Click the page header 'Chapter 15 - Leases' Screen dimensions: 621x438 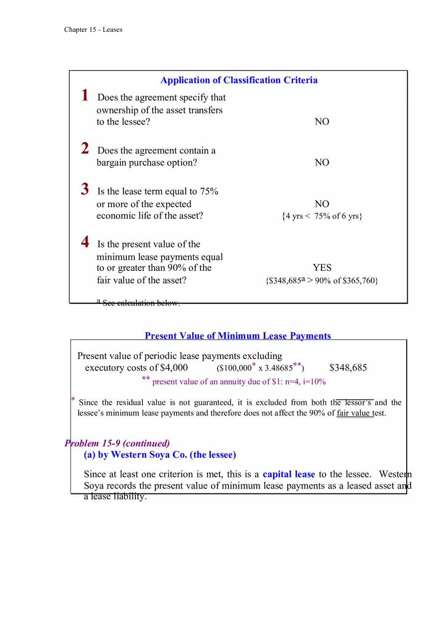pyautogui.click(x=93, y=30)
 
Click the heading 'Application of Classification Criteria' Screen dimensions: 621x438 pyautogui.click(x=239, y=80)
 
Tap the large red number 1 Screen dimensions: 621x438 pyautogui.click(x=85, y=95)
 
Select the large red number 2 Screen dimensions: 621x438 pyautogui.click(x=85, y=148)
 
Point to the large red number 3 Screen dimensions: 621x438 pyautogui.click(x=85, y=189)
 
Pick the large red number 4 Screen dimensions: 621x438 pyautogui.click(x=85, y=242)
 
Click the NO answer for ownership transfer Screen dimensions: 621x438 pyautogui.click(x=322, y=122)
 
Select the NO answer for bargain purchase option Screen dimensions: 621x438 pyautogui.click(x=322, y=163)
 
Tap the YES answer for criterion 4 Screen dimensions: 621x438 pyautogui.click(x=322, y=268)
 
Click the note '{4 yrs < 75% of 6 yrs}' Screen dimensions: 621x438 pyautogui.click(x=322, y=217)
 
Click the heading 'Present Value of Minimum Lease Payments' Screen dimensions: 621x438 pyautogui.click(x=238, y=336)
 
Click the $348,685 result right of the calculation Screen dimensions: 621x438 pyautogui.click(x=348, y=368)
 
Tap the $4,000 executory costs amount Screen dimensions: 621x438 pyautogui.click(x=174, y=368)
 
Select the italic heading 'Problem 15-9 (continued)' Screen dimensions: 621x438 pyautogui.click(x=117, y=443)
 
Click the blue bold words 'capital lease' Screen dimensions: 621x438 pyautogui.click(x=289, y=474)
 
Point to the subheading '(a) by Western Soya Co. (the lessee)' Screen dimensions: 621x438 pyautogui.click(x=160, y=455)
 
